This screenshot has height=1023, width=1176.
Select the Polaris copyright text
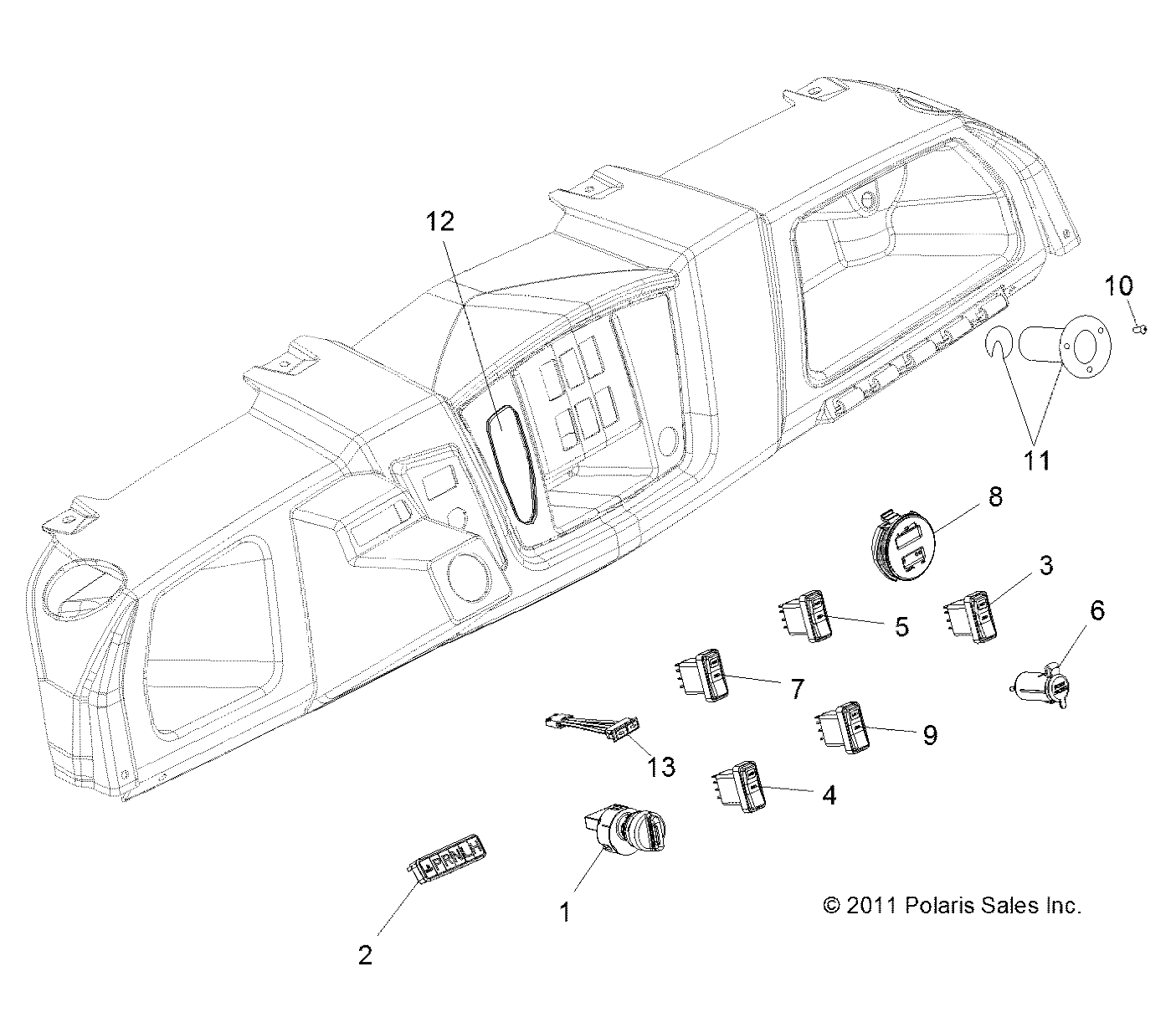click(x=953, y=905)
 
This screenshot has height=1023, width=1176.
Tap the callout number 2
click(x=365, y=955)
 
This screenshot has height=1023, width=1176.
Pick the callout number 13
click(x=661, y=766)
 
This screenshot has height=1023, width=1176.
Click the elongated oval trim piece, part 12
click(x=513, y=465)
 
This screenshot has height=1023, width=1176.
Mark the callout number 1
click(x=567, y=911)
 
